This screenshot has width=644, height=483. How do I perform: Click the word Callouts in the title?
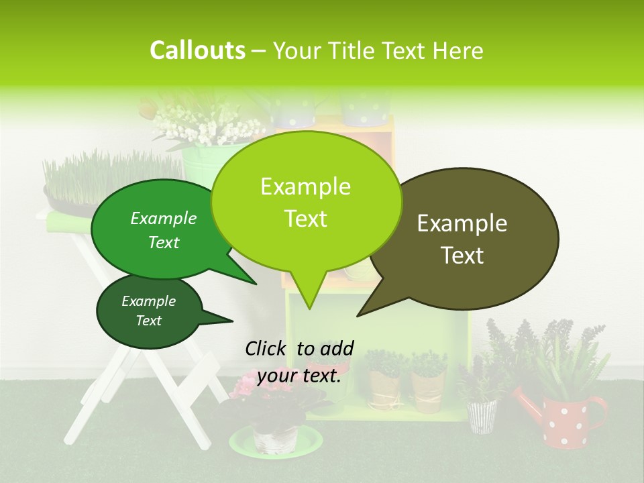pyautogui.click(x=197, y=51)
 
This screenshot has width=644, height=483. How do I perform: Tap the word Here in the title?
pyautogui.click(x=459, y=51)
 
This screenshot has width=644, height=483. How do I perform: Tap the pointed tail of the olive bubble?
pyautogui.click(x=360, y=314)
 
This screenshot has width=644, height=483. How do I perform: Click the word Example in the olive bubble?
pyautogui.click(x=462, y=223)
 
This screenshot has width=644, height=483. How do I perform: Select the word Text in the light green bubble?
pyautogui.click(x=306, y=219)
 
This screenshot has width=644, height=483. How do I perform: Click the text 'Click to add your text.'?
pyautogui.click(x=299, y=362)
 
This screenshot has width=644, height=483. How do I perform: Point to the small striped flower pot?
pyautogui.click(x=482, y=416)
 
